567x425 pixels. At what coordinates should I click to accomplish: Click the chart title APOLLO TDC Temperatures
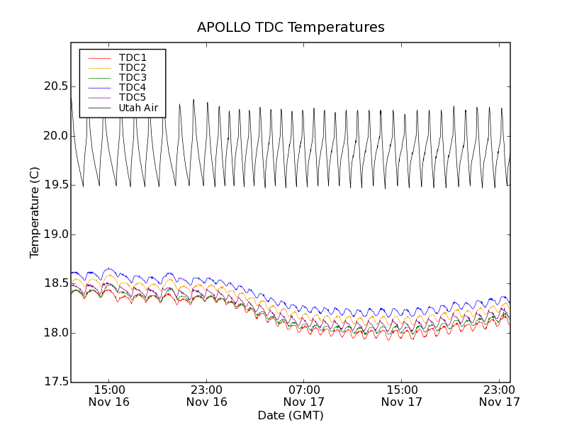tap(291, 28)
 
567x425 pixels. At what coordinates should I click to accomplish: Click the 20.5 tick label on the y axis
tap(54, 86)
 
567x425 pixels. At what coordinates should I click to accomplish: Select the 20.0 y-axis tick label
tap(54, 136)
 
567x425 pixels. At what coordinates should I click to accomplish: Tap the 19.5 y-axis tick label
tap(54, 185)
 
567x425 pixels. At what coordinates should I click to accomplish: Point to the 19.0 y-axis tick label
tap(54, 234)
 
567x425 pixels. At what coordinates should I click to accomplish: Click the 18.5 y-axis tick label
tap(54, 283)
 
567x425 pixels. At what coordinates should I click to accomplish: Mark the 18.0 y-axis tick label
tap(54, 333)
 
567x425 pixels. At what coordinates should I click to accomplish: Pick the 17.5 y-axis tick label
tap(54, 382)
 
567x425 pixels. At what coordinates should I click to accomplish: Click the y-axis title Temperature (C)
tap(35, 212)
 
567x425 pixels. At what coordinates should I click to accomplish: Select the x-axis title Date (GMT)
tap(291, 415)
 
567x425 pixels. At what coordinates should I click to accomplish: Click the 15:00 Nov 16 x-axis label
tap(109, 395)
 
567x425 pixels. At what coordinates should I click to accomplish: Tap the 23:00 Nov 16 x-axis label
tap(207, 395)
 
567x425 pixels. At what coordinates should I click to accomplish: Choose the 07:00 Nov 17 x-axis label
tap(304, 395)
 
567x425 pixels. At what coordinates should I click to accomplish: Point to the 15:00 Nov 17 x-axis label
tap(402, 395)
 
